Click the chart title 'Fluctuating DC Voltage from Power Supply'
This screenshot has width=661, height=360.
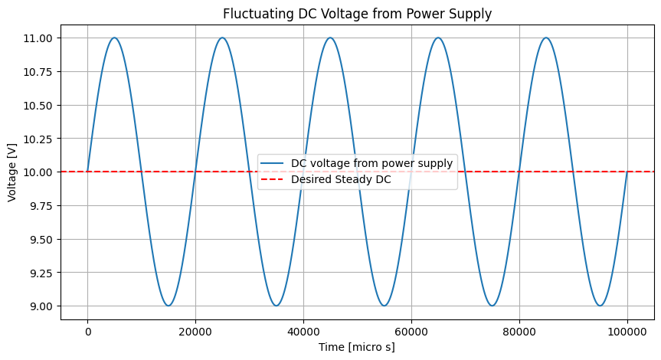click(357, 13)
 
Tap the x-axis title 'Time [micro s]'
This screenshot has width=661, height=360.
click(357, 347)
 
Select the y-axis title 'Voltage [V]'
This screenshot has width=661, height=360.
click(12, 172)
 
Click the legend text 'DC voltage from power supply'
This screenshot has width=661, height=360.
click(372, 162)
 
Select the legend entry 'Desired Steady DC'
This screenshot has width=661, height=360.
click(341, 180)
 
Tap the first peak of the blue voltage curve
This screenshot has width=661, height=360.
click(114, 38)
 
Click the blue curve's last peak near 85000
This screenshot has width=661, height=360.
click(546, 38)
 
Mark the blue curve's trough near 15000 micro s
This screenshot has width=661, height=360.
click(169, 306)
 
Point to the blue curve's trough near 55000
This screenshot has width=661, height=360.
click(384, 306)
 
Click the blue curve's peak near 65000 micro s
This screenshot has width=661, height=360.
click(438, 38)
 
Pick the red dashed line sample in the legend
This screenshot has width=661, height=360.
click(274, 180)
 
